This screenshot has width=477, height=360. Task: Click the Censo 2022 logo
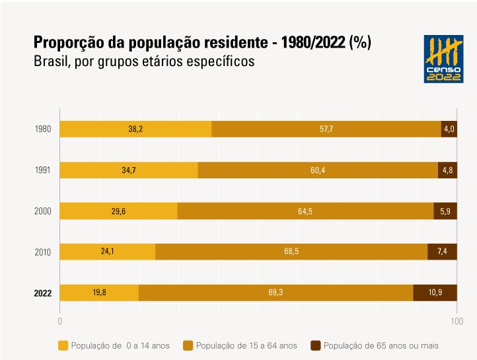coord(444,59)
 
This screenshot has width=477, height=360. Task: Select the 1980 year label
coord(43,129)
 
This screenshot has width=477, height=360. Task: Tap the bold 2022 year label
coord(43,293)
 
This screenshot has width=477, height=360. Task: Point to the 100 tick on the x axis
coord(456,322)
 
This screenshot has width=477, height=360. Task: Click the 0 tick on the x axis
coord(60,322)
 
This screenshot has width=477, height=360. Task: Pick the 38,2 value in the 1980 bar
coord(135,129)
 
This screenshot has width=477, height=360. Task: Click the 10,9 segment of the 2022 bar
coord(435,293)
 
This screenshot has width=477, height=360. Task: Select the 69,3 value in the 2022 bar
coord(275,293)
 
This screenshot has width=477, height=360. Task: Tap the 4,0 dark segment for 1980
coord(449,129)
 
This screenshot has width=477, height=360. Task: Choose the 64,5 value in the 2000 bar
coord(305,211)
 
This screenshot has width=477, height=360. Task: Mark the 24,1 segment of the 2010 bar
coord(108,252)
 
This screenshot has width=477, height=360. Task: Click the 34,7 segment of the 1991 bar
coord(129,170)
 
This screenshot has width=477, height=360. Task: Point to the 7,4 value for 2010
coord(443,252)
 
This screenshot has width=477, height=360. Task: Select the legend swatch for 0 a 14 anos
coord(63,345)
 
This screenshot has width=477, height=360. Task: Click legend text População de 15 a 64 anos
coord(246,345)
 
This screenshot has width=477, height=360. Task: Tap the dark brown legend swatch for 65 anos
coord(316,345)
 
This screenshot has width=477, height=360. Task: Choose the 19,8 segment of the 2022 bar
coord(99,293)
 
